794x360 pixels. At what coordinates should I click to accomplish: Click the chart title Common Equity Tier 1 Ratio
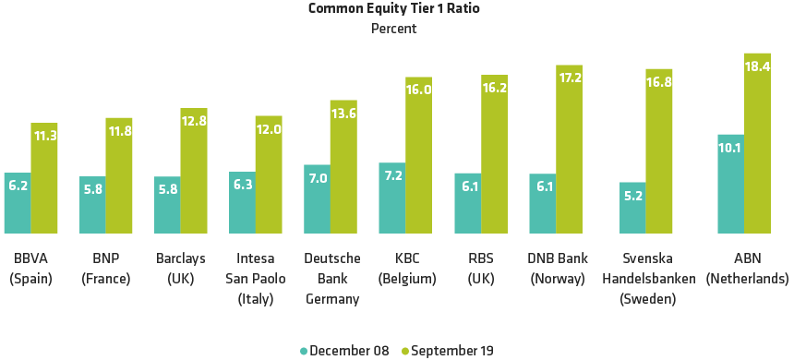point(394,9)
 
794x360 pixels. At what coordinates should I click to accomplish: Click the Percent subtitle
point(394,29)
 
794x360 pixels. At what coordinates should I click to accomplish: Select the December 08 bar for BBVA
point(18,203)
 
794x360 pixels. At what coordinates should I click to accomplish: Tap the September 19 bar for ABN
point(757,143)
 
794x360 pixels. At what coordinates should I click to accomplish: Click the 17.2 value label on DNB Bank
point(570,78)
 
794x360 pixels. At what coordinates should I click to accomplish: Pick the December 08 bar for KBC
point(392,198)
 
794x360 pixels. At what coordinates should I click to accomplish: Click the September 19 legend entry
point(448,351)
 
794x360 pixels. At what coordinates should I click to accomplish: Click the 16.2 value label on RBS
point(494,89)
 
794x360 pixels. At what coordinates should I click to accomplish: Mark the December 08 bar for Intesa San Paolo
point(242,203)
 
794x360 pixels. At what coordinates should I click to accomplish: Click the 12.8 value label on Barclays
point(194,121)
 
